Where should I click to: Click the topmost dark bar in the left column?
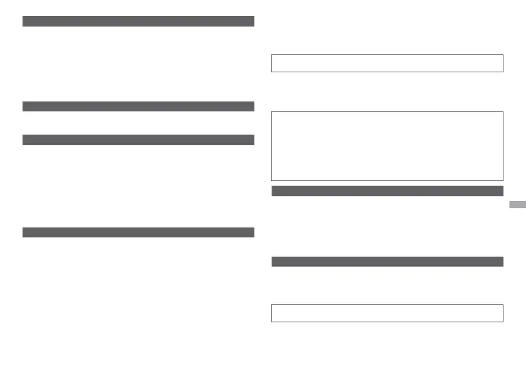pos(138,21)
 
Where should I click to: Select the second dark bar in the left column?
pos(138,106)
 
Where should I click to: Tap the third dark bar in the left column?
pos(138,140)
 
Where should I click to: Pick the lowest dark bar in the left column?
pos(138,232)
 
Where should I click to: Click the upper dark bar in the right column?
pos(387,191)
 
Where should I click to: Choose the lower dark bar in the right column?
pos(387,261)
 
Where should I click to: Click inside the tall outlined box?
pos(387,146)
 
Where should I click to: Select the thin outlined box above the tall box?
pos(387,63)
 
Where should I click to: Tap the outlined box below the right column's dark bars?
pos(387,313)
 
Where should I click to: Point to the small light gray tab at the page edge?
pos(518,205)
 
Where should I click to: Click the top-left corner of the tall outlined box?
pos(272,112)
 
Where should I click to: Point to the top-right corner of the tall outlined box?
pos(503,112)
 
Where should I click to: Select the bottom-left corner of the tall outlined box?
pos(272,180)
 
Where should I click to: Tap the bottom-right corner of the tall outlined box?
pos(503,180)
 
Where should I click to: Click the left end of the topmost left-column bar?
pos(24,21)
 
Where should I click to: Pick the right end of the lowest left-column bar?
pos(253,232)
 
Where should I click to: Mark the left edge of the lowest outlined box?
pos(272,313)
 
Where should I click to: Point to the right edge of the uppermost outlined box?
pos(503,63)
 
